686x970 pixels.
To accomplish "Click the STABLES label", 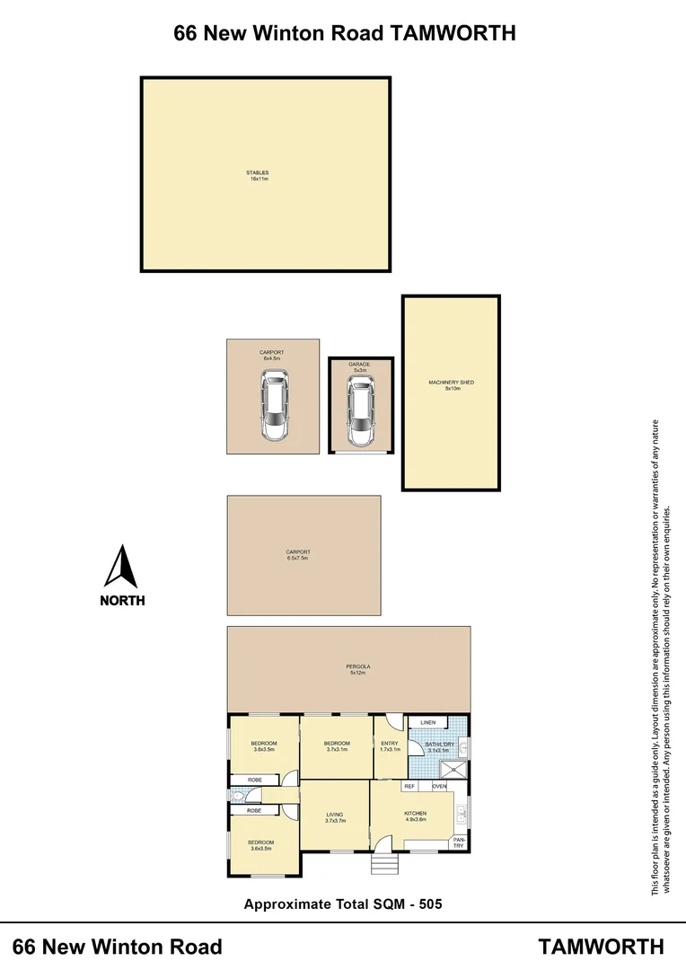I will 259,172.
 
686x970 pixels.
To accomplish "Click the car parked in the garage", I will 360,411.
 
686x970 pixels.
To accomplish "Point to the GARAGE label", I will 360,365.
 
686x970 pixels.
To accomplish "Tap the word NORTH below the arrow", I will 121,600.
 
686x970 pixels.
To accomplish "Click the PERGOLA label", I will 358,666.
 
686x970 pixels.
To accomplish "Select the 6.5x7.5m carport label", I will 297,555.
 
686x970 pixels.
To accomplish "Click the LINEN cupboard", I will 427,722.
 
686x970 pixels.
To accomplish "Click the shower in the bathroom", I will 454,769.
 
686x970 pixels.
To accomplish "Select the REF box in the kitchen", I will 409,786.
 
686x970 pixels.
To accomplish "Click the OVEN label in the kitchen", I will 439,786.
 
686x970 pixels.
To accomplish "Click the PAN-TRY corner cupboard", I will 458,842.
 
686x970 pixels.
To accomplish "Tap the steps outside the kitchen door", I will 383,862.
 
